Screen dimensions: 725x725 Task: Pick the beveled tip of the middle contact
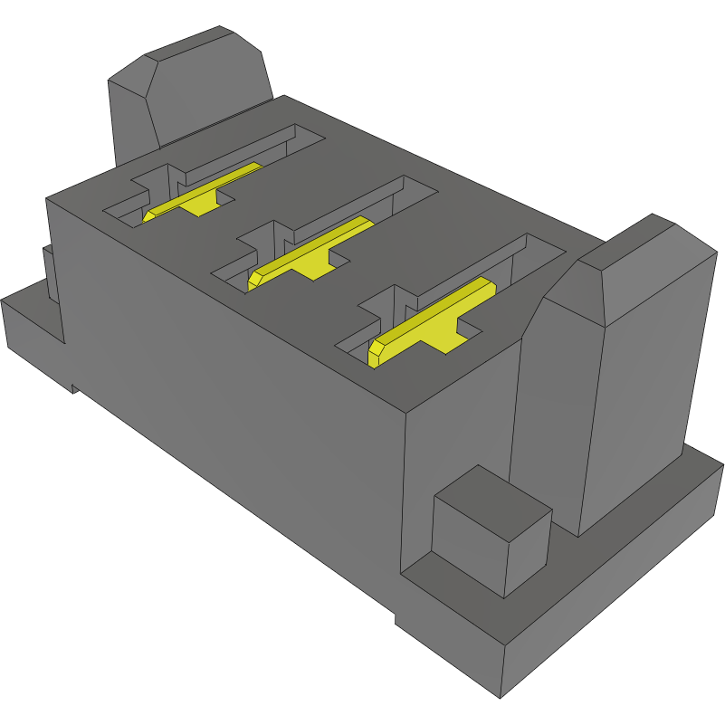256,277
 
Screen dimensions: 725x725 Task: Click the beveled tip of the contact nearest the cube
373,352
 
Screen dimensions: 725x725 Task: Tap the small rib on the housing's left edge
51,272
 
